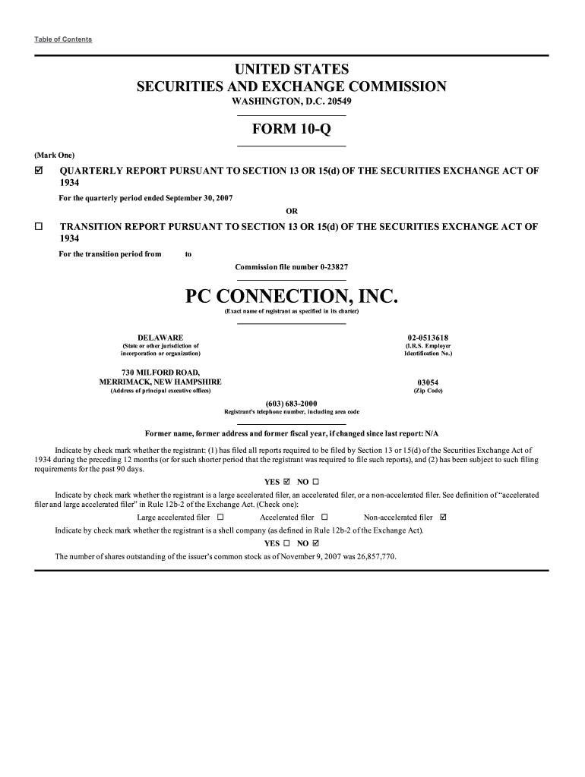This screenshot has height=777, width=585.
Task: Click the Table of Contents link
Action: coord(63,39)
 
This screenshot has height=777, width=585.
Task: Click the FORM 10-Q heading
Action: coord(292,130)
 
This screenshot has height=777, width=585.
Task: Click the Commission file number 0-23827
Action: coord(292,267)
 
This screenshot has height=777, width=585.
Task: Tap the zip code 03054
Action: coord(428,382)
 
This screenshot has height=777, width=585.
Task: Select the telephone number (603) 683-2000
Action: coord(292,403)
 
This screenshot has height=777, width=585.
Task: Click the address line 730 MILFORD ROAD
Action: coord(156,372)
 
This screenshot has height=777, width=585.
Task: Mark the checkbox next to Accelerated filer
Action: coord(324,517)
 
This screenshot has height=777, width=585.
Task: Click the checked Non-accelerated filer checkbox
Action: coord(444,517)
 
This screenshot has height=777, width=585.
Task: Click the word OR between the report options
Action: coord(292,211)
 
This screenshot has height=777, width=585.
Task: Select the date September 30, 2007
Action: coord(197,198)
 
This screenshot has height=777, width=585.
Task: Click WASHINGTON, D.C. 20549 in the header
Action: coord(292,102)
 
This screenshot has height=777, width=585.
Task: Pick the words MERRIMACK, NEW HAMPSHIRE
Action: coord(156,382)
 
